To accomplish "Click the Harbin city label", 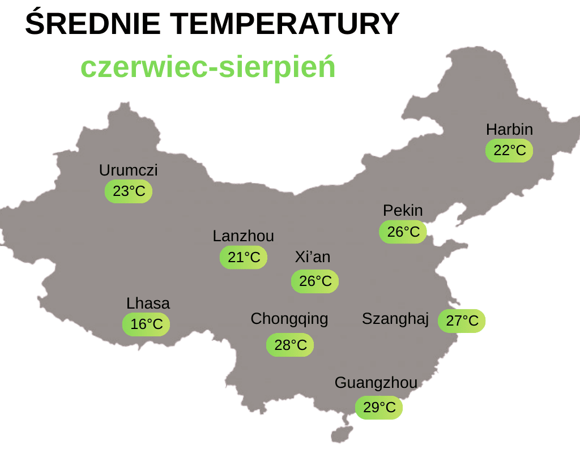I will pyautogui.click(x=509, y=130).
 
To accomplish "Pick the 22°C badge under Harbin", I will pyautogui.click(x=509, y=151).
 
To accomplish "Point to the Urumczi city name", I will pyautogui.click(x=129, y=170).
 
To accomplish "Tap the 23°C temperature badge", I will pyautogui.click(x=129, y=191).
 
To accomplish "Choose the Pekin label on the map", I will pyautogui.click(x=403, y=211).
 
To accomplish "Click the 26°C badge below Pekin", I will pyautogui.click(x=403, y=232).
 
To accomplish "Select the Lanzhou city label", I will pyautogui.click(x=244, y=236).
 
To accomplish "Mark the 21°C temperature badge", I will pyautogui.click(x=244, y=258).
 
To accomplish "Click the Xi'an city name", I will pyautogui.click(x=313, y=257).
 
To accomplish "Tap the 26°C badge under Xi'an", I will pyautogui.click(x=315, y=281).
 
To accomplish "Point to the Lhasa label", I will pyautogui.click(x=148, y=304).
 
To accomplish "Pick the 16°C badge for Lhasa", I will pyautogui.click(x=146, y=324).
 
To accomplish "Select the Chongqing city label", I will pyautogui.click(x=289, y=319).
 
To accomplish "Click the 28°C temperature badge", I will pyautogui.click(x=290, y=345).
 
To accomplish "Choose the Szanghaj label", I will pyautogui.click(x=395, y=319).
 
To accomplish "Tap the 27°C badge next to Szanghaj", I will pyautogui.click(x=462, y=321).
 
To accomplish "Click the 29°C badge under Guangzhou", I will pyautogui.click(x=379, y=408).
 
